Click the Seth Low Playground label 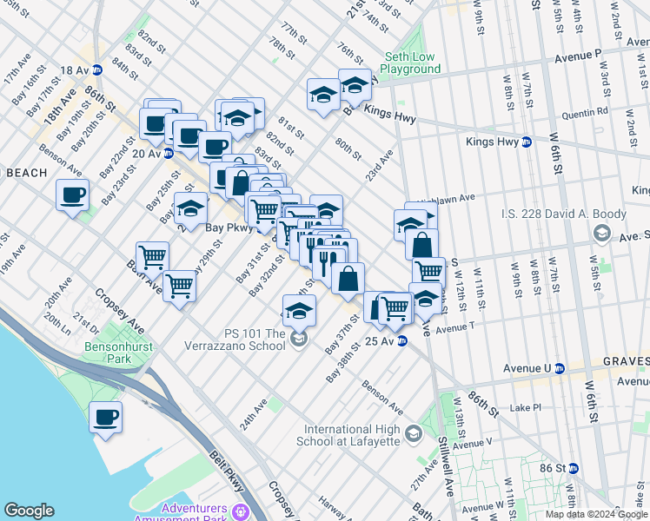click(x=409, y=61)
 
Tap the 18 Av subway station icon click(x=97, y=69)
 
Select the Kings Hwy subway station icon click(x=527, y=142)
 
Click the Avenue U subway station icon click(x=560, y=367)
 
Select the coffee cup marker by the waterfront click(x=106, y=418)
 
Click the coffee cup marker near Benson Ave click(x=73, y=195)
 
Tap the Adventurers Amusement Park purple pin click(x=247, y=510)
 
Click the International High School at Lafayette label click(x=352, y=435)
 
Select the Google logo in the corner click(x=29, y=510)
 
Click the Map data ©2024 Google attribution click(x=596, y=514)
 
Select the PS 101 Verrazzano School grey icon click(x=299, y=337)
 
